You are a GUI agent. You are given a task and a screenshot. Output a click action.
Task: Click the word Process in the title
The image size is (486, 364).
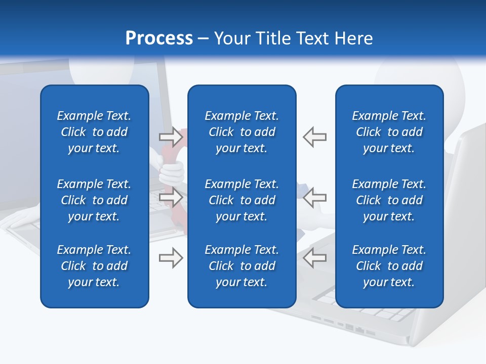tap(159, 38)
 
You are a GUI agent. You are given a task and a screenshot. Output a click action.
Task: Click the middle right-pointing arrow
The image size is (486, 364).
tap(171, 197)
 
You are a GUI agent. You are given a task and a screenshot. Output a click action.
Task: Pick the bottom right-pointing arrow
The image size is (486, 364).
tap(171, 258)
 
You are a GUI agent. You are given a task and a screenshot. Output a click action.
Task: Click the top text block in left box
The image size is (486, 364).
tap(94, 132)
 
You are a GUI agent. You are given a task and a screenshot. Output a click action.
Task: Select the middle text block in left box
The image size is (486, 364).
tap(94, 200)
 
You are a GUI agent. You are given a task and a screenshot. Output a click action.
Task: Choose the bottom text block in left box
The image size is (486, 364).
tap(94, 266)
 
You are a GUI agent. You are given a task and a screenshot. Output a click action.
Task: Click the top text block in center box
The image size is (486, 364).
tap(242, 132)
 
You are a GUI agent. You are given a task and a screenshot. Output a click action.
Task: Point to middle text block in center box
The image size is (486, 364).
tap(242, 200)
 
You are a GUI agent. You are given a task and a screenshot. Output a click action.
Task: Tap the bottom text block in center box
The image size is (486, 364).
tap(242, 266)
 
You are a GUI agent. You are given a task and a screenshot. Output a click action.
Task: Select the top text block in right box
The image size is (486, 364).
tap(389, 132)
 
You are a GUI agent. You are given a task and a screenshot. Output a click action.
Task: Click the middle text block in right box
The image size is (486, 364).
tap(389, 200)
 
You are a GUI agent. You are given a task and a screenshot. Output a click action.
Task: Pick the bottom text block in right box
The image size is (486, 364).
tap(389, 266)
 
